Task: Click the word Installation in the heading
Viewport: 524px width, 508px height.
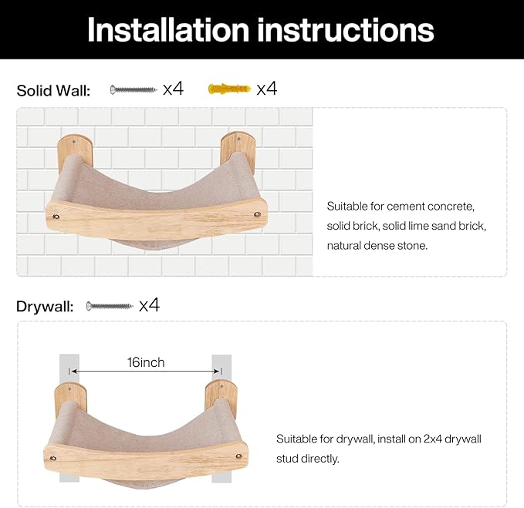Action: [168, 30]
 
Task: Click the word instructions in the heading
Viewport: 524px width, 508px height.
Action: [346, 30]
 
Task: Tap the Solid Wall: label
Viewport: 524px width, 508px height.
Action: [53, 90]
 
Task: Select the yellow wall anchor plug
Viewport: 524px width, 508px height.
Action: [229, 89]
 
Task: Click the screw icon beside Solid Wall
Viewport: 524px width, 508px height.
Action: [134, 89]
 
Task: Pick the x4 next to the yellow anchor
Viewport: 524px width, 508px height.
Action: [267, 89]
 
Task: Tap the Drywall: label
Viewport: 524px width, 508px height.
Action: [45, 306]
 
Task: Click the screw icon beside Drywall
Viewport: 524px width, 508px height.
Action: [110, 306]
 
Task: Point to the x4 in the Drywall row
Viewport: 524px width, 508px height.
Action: [149, 304]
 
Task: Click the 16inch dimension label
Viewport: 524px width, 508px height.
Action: [146, 362]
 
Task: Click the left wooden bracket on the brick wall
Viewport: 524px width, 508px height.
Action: [75, 152]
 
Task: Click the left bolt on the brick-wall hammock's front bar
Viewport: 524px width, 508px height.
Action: [56, 217]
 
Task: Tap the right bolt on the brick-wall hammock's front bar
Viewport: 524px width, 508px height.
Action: [257, 214]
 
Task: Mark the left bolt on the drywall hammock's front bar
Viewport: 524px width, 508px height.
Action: [52, 458]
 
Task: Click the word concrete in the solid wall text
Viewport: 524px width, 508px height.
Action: [451, 207]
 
